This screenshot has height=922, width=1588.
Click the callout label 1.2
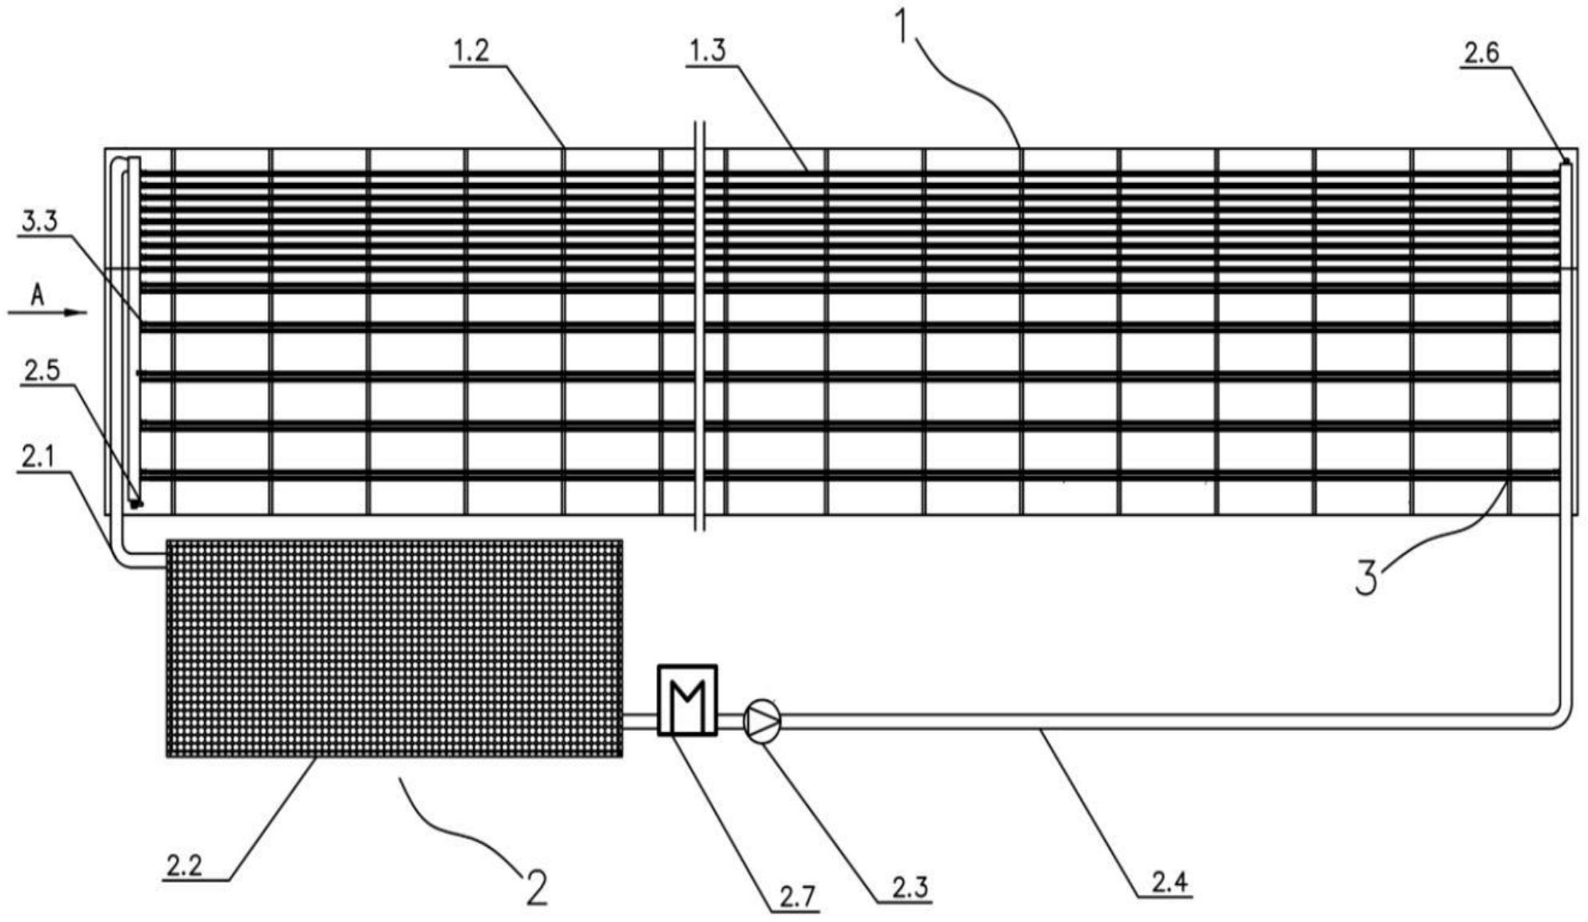470,52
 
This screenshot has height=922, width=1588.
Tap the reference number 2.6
1481,54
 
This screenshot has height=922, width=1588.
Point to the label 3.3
40,222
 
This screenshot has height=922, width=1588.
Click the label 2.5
42,372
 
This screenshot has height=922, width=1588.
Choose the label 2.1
38,457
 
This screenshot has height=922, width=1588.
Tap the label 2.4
1169,882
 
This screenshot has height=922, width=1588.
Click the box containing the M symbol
687,700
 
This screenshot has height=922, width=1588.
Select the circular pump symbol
762,720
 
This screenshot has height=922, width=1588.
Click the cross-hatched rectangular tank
394,648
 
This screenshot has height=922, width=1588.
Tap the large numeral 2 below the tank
536,887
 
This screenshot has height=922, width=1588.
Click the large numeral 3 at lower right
1366,577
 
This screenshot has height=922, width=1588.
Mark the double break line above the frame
699,136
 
